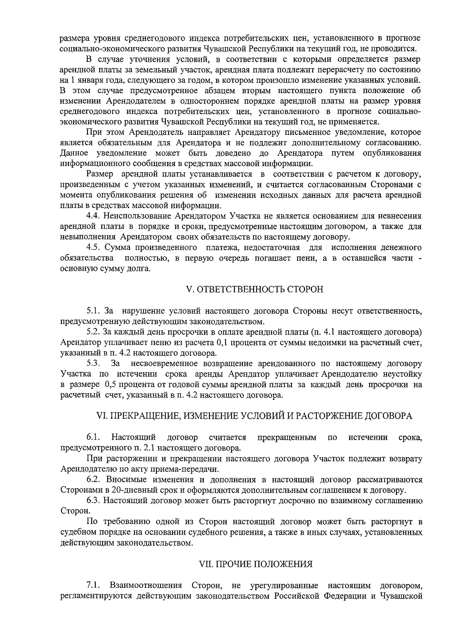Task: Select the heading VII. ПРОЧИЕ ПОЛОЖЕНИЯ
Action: (x=256, y=564)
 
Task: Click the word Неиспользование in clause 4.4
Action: (x=138, y=216)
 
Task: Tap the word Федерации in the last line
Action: (x=343, y=596)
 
